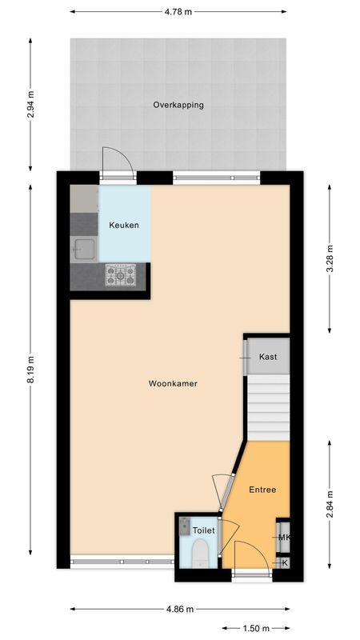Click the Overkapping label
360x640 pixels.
178,105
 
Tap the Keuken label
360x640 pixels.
124,226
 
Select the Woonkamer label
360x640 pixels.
173,384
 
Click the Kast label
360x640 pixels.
268,357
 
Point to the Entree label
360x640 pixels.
262,490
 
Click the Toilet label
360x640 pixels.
204,530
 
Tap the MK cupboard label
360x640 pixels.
284,538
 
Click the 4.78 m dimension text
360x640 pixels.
178,13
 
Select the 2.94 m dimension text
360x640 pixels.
31,105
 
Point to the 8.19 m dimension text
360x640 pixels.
31,369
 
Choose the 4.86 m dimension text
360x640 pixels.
179,610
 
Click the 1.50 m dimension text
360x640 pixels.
256,629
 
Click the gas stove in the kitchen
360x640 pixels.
122,276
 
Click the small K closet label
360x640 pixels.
284,563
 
